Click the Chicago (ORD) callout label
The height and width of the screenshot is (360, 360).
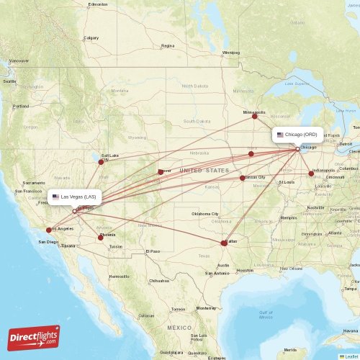[x=297, y=135]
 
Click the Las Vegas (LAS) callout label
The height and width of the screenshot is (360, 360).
[x=74, y=197]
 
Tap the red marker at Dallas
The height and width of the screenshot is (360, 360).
[x=224, y=243]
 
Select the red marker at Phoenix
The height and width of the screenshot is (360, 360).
[x=101, y=237]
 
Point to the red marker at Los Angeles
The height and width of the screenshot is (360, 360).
[x=48, y=230]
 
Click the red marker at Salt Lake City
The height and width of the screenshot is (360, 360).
[x=101, y=161]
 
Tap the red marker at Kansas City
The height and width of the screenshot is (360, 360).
[x=243, y=178]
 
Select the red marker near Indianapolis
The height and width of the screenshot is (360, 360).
[x=311, y=174]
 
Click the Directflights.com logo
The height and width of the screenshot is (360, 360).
[x=34, y=337]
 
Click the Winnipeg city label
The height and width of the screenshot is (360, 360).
[x=230, y=53]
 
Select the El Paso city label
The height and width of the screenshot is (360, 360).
[x=152, y=251]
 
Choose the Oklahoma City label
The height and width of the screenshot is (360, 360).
[x=205, y=215]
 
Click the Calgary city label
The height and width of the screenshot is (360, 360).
[x=91, y=38]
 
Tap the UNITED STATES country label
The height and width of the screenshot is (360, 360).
[x=204, y=170]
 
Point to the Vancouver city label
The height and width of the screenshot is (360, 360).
[x=19, y=60]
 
